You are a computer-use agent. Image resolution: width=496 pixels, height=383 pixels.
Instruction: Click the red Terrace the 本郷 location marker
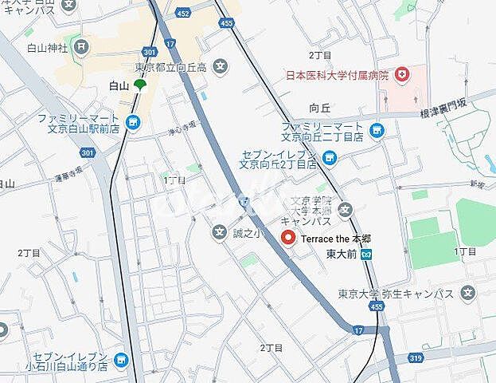(288, 237)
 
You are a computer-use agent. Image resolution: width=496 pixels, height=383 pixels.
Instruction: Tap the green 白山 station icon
(140, 85)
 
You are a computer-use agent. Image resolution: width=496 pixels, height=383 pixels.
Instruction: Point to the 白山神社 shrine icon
(81, 45)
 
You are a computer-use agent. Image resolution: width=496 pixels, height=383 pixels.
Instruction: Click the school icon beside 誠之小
(220, 233)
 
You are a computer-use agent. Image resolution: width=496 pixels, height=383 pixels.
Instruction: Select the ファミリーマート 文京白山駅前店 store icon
(133, 122)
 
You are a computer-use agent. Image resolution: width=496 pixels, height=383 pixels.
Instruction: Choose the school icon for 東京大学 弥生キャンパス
(469, 292)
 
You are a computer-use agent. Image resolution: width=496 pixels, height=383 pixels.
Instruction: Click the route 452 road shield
(183, 13)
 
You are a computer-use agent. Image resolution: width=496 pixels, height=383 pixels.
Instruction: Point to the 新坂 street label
(476, 184)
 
